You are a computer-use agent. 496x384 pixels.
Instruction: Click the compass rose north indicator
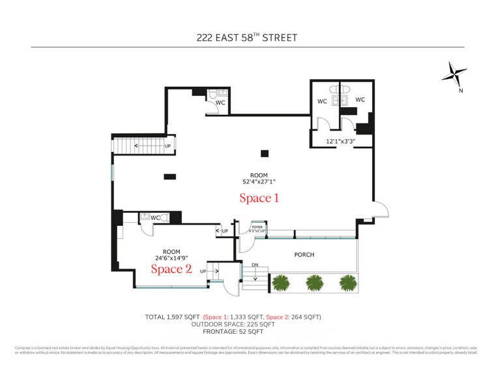click(454, 75)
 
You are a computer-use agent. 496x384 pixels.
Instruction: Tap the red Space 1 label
click(259, 197)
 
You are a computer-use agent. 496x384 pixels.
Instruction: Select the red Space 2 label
click(171, 268)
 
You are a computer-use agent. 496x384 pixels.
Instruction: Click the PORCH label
click(304, 255)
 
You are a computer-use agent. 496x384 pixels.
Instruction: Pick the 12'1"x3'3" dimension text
click(340, 140)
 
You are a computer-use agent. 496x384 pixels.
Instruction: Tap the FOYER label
click(248, 227)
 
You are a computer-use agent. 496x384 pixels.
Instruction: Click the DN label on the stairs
click(255, 265)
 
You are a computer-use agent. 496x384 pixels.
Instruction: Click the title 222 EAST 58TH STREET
click(247, 37)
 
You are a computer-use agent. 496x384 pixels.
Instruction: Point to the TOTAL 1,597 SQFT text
click(173, 317)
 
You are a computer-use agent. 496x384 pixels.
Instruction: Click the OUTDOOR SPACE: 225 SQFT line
click(233, 324)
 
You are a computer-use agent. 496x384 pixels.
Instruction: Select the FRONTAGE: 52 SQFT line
click(233, 331)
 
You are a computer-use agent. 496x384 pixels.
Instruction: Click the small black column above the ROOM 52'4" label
click(264, 153)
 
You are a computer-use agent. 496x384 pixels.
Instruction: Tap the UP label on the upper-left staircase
click(168, 146)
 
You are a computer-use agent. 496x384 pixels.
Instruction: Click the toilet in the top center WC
click(212, 96)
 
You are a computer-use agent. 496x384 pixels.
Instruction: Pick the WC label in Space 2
click(155, 217)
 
